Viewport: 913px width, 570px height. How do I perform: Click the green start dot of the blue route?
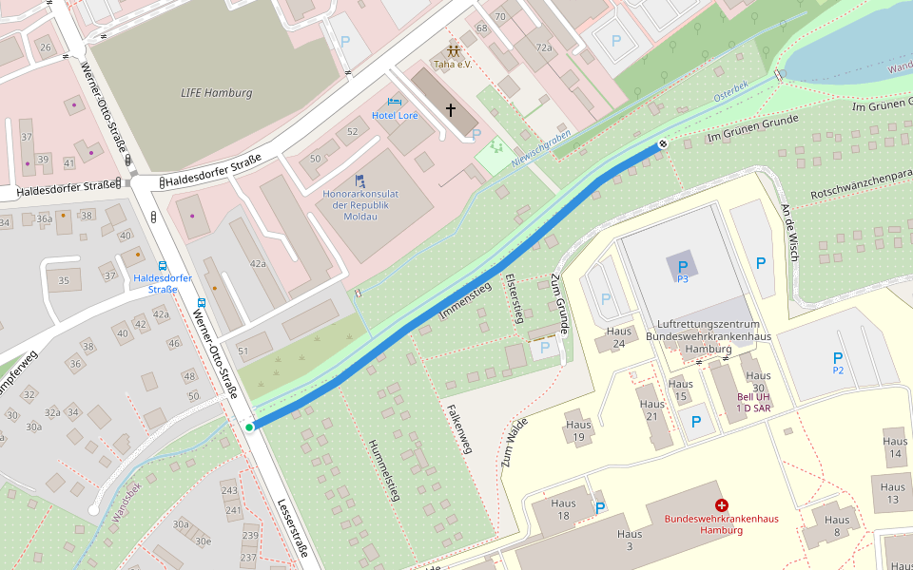249,427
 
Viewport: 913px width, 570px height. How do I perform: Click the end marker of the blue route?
662,143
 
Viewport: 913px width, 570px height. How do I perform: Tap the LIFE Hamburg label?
216,93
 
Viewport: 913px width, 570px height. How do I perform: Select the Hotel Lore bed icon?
395,102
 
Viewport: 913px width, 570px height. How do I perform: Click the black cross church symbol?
451,110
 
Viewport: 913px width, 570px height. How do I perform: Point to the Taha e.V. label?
453,65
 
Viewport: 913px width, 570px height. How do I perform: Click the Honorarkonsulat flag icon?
359,180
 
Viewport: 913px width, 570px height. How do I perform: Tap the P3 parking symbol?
682,268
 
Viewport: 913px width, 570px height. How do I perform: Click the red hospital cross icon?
721,505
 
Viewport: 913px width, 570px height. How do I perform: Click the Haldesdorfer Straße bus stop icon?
163,266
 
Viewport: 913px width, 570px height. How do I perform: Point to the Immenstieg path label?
465,300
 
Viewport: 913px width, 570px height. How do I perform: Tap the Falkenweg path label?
459,428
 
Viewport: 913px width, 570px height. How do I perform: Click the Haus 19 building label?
577,431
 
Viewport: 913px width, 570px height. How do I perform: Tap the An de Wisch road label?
789,233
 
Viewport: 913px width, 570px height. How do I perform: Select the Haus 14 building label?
894,447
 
